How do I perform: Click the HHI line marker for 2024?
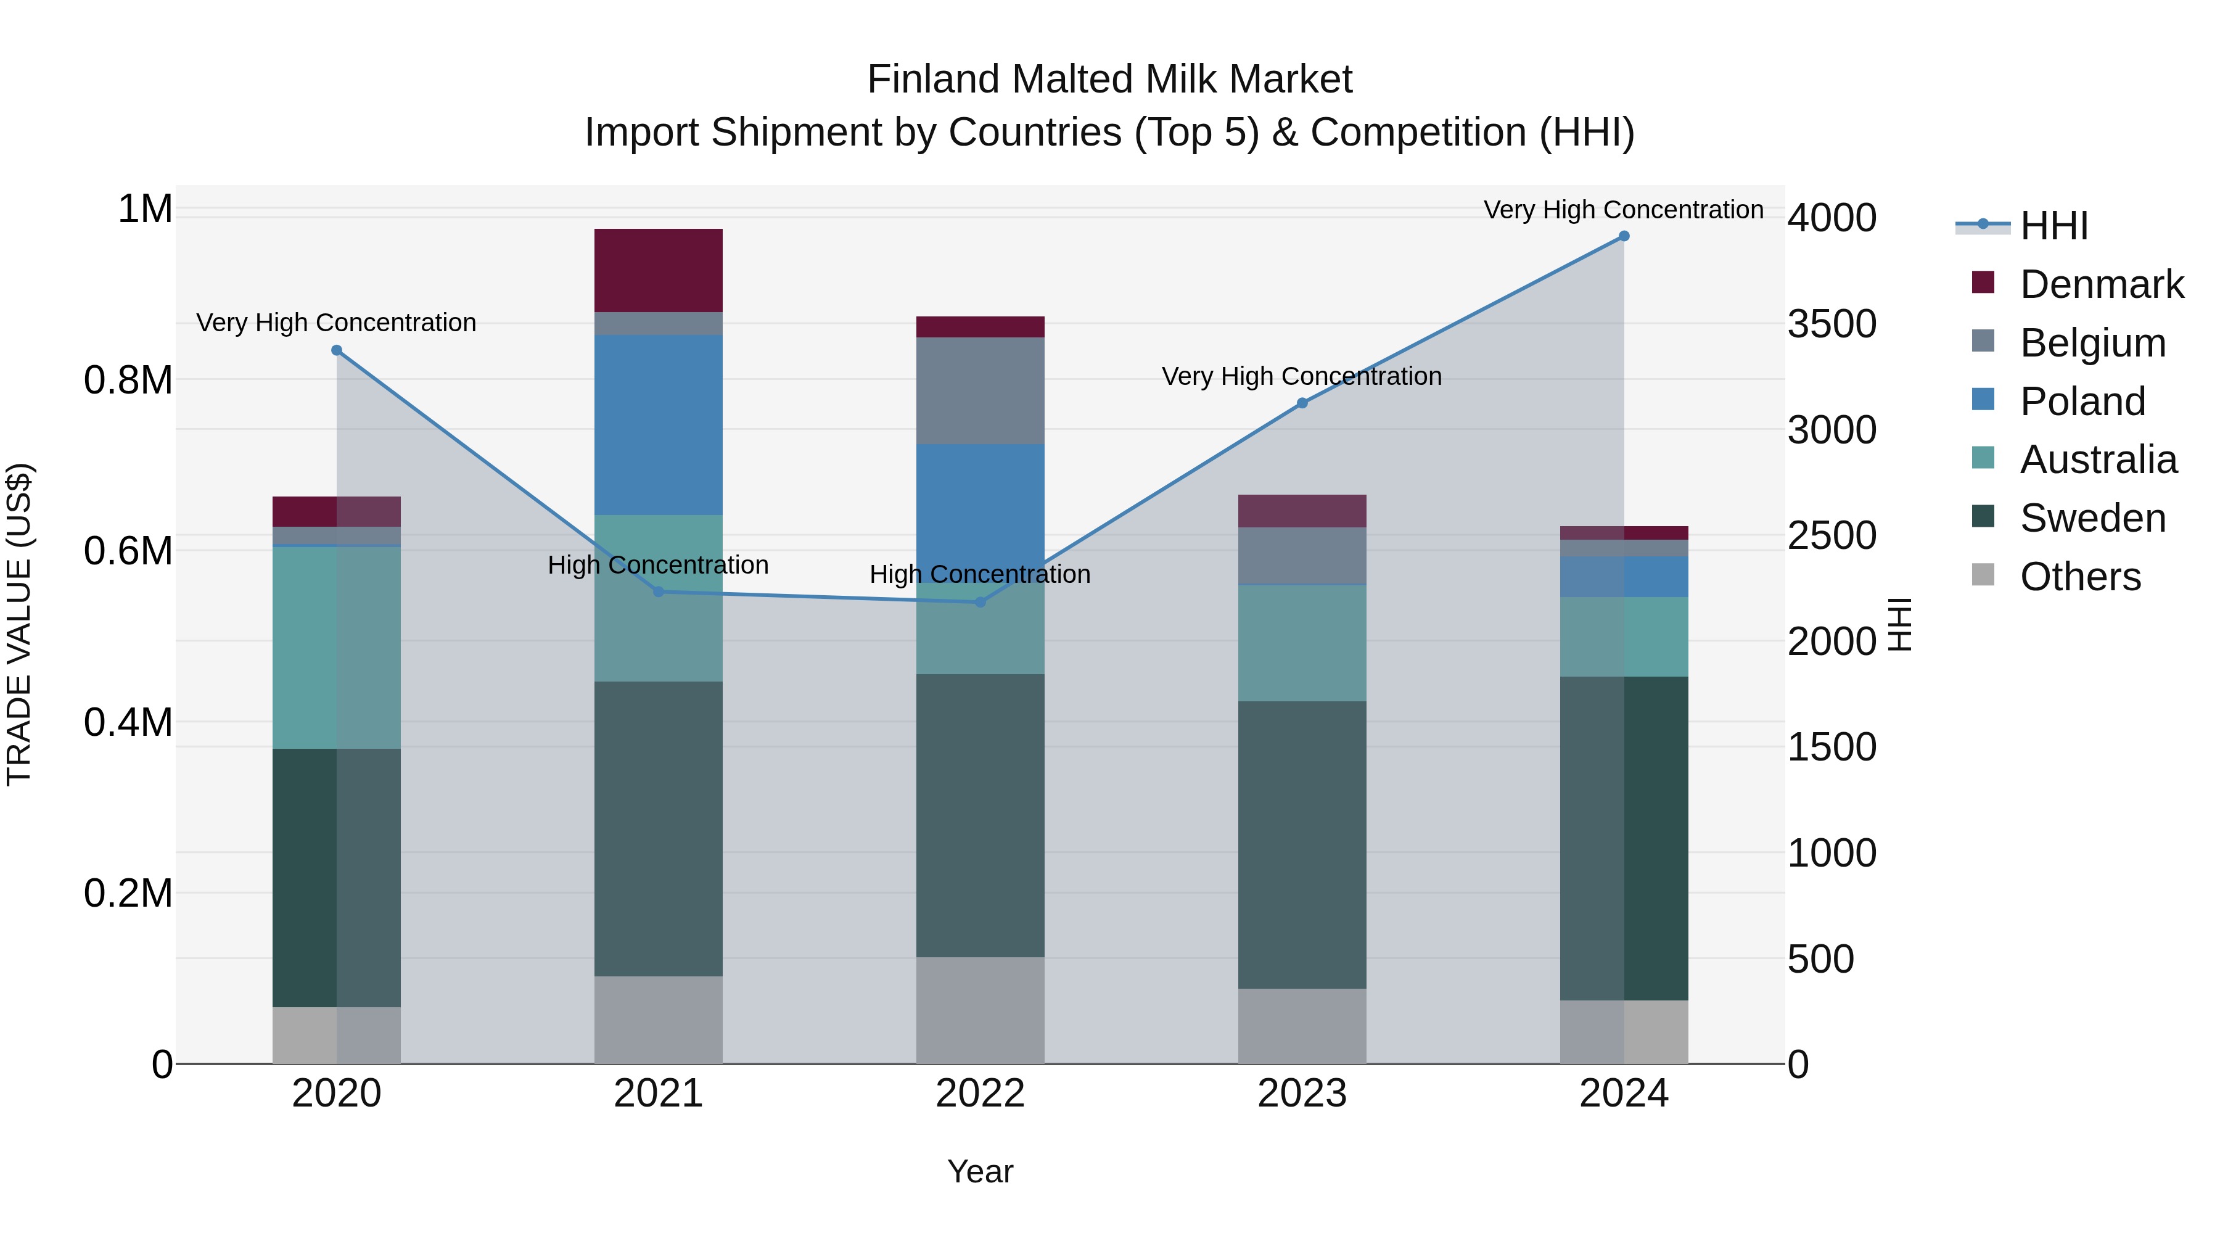[x=1624, y=236]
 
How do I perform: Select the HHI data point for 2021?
[x=659, y=592]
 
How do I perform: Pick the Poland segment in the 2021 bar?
[x=659, y=425]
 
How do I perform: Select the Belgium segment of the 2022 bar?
[x=980, y=390]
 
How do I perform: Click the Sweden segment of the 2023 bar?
[x=1302, y=845]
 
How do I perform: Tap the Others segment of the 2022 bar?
[x=980, y=1010]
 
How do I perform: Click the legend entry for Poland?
[x=2081, y=402]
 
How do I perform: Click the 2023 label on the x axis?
[x=1302, y=1094]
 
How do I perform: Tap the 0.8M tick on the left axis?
[x=128, y=380]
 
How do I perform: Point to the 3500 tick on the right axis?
[x=1831, y=324]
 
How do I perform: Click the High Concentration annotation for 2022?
[x=980, y=574]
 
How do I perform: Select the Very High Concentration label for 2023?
[x=1301, y=377]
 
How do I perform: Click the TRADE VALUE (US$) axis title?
[x=19, y=624]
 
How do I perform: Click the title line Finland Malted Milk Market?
[x=1109, y=80]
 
